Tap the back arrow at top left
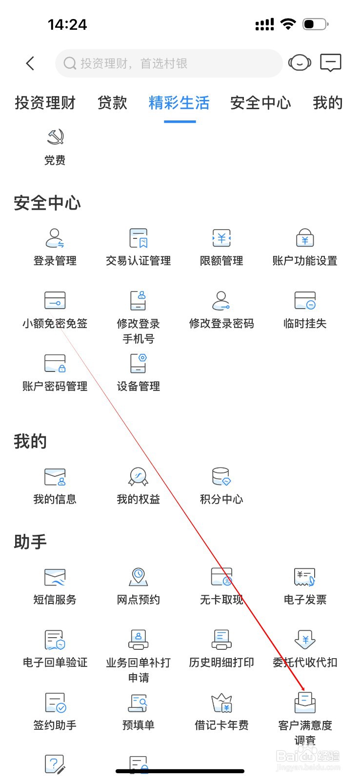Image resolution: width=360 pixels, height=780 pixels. [30, 63]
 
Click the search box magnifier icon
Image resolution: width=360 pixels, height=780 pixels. [70, 63]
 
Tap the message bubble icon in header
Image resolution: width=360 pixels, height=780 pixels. [330, 63]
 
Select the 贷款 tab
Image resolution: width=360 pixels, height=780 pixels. [112, 103]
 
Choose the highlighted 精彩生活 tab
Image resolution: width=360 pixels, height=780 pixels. [179, 103]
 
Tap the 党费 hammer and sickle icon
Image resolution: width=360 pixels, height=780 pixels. [55, 137]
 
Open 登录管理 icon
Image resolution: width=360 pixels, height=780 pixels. [55, 238]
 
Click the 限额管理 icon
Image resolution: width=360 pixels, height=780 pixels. [221, 238]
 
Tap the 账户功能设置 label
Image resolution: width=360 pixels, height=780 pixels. [305, 261]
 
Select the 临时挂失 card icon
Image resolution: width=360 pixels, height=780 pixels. [305, 301]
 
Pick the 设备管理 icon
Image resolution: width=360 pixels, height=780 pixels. [139, 364]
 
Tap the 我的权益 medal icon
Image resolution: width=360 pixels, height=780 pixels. [139, 477]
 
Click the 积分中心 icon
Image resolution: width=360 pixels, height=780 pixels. [221, 477]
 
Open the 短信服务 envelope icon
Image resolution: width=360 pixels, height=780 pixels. [55, 577]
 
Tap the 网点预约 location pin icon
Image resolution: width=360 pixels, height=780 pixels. [139, 577]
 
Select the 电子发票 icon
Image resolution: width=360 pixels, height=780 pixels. [305, 577]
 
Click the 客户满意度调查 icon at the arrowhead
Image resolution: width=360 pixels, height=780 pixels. [305, 702]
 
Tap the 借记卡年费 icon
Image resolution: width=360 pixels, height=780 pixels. [221, 702]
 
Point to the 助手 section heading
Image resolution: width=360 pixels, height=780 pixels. [30, 542]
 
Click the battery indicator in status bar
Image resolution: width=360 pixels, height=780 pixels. [315, 24]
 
